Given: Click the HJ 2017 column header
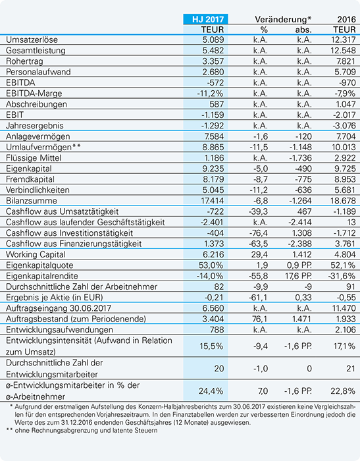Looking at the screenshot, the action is pyautogui.click(x=208, y=19).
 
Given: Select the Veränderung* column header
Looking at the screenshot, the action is pyautogui.click(x=283, y=19).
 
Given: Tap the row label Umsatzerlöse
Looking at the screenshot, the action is pyautogui.click(x=32, y=40).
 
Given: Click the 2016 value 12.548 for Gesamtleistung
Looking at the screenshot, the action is pyautogui.click(x=343, y=50).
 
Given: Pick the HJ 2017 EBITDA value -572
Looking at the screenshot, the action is pyautogui.click(x=215, y=82).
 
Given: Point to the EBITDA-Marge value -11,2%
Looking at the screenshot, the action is pyautogui.click(x=210, y=94).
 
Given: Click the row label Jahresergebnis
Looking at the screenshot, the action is pyautogui.click(x=35, y=126).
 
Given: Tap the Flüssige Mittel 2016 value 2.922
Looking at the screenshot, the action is pyautogui.click(x=345, y=158).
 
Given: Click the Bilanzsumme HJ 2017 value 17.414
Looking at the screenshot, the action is pyautogui.click(x=212, y=201).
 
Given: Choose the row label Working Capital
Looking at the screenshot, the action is pyautogui.click(x=36, y=254).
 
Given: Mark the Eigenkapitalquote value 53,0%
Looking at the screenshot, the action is pyautogui.click(x=211, y=265).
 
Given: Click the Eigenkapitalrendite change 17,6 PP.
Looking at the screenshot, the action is pyautogui.click(x=299, y=276).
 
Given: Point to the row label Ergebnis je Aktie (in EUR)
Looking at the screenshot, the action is pyautogui.click(x=55, y=297).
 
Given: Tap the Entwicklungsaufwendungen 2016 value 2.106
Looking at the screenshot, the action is pyautogui.click(x=346, y=329).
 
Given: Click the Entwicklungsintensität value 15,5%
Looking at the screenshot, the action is pyautogui.click(x=211, y=346).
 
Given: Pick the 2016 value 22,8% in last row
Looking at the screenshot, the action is pyautogui.click(x=343, y=391).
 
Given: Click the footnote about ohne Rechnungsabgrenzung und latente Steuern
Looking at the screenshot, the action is pyautogui.click(x=86, y=431).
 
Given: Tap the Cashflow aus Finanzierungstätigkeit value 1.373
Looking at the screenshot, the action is pyautogui.click(x=214, y=244).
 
